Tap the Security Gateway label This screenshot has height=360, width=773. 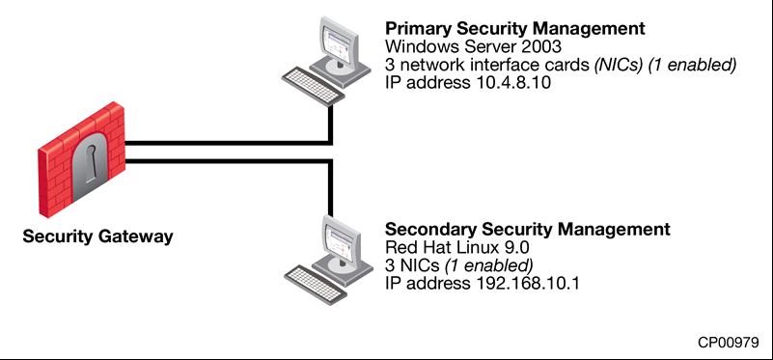coord(97,236)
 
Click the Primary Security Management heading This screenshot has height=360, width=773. coord(514,29)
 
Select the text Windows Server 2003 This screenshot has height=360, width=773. coord(473,47)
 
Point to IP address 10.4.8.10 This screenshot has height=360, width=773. coord(467,82)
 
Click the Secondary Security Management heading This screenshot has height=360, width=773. coord(528,230)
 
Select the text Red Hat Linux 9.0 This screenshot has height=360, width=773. coord(457,248)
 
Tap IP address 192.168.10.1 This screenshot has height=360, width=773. coord(482,284)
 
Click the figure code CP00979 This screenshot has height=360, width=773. coord(729,343)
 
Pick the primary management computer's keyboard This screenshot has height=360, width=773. coord(313,85)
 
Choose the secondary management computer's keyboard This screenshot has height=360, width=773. coord(316,285)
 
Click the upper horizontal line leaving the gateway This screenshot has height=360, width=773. coord(228,143)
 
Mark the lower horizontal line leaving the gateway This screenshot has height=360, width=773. coord(228,161)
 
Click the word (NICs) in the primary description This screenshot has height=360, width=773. coord(619,65)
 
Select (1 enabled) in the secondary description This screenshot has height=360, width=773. coord(488,265)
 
